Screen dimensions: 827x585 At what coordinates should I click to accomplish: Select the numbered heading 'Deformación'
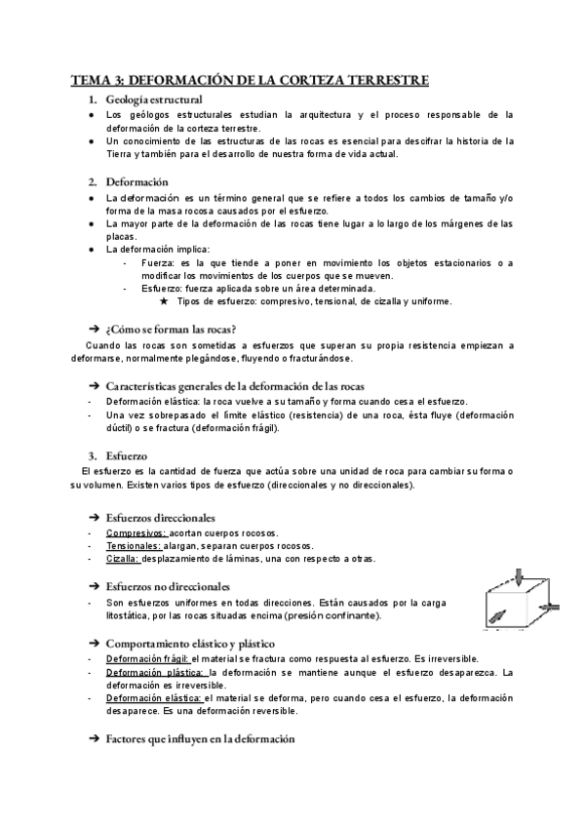137,181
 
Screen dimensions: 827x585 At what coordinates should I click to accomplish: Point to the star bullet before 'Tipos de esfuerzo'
164,301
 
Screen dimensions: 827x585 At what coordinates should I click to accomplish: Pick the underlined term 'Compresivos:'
136,533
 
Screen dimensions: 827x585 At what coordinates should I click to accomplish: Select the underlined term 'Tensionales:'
135,546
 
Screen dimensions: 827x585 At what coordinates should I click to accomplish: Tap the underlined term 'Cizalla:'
124,559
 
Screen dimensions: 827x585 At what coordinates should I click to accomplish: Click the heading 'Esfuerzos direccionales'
160,517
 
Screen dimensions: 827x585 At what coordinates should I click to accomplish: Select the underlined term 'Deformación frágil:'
147,660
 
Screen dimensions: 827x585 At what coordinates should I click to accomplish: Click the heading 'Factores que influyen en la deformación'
199,739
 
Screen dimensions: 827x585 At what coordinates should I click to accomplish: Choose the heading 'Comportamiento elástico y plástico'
189,644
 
